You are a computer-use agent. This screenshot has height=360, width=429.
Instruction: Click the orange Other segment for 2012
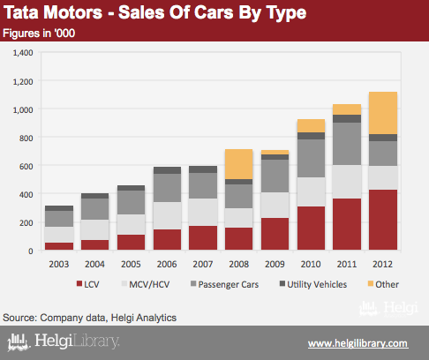pos(383,113)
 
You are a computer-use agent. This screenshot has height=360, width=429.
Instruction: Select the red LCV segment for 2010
pos(311,229)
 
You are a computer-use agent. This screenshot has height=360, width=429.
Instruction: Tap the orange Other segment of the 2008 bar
pos(239,164)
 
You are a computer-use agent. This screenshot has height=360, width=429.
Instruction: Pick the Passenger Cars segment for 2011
pos(347,144)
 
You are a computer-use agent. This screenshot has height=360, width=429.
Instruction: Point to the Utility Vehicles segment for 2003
pos(59,208)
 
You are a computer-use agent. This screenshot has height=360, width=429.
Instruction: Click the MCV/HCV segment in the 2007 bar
pos(203,212)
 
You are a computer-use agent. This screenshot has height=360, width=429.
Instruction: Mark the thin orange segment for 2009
pos(275,153)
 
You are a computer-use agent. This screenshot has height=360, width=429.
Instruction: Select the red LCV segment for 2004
pos(95,245)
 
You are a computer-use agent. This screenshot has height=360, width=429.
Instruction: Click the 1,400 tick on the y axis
pos(23,53)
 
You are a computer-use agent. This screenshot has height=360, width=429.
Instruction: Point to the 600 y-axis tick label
pos(26,167)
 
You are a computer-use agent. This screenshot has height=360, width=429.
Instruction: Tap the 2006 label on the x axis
pos(167,264)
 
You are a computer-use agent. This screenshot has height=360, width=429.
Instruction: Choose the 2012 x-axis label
pos(382,264)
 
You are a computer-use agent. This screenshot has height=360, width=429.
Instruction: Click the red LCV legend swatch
pos(79,283)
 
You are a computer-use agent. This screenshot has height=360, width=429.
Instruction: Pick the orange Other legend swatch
pos(371,283)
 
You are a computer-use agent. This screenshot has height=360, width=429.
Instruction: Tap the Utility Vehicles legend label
pos(317,285)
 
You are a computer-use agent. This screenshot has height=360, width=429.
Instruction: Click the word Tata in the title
pos(21,12)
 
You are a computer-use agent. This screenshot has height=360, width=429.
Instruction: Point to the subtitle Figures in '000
pos(39,34)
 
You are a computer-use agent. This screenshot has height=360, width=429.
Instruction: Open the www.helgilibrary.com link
pos(357,343)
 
